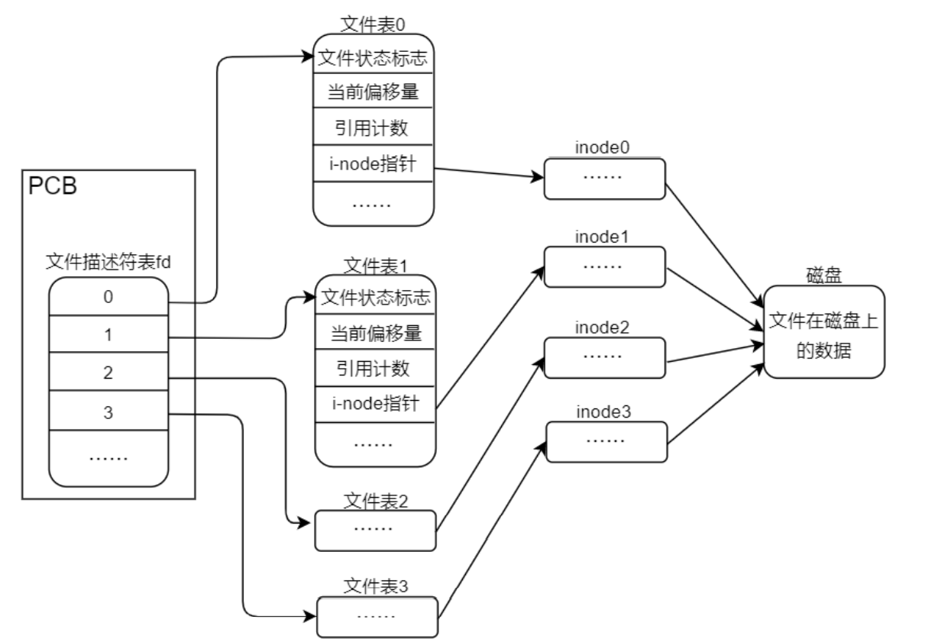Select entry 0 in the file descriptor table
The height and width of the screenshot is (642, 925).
tap(108, 297)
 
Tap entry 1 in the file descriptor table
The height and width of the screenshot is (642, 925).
tap(108, 335)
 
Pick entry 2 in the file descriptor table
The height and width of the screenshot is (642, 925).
tap(108, 374)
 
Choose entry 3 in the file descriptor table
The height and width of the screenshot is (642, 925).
tap(108, 413)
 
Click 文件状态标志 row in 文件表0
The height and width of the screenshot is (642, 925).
tap(374, 56)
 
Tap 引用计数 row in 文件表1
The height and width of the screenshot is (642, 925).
tap(374, 369)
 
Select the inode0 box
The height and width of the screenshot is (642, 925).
tap(604, 179)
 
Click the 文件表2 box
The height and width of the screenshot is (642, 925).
tap(375, 529)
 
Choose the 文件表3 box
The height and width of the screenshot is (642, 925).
tap(377, 615)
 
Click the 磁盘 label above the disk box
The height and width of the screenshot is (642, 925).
tap(823, 276)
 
